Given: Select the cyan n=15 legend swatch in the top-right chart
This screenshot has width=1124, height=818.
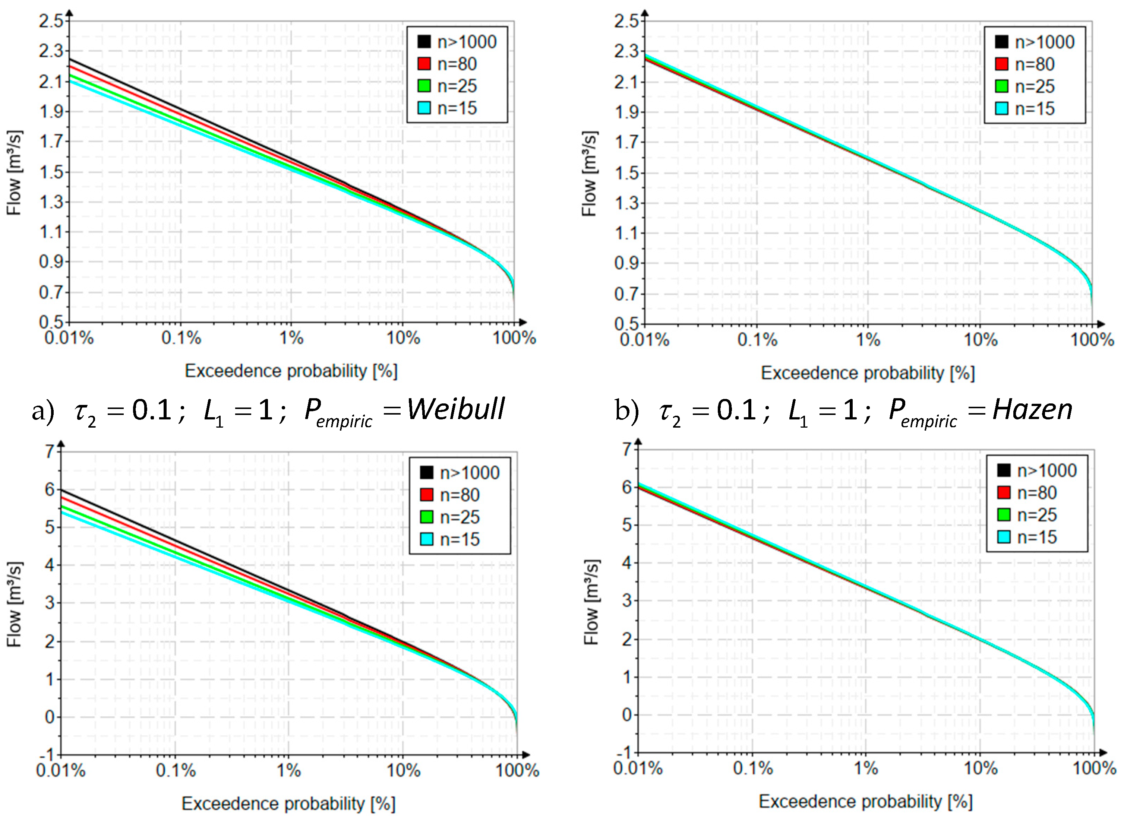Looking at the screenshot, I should point(1002,108).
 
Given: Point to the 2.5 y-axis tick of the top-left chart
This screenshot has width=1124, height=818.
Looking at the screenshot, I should point(51,21).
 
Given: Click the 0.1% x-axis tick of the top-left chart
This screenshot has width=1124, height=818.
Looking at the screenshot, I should point(181,338).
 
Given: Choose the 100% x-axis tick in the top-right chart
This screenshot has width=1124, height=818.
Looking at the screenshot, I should point(1092,340).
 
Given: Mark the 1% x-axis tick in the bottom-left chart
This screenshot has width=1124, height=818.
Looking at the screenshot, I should point(288,771).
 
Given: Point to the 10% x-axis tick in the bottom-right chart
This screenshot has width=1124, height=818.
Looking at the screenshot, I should point(980,769).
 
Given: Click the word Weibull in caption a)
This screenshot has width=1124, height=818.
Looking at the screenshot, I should point(455,410).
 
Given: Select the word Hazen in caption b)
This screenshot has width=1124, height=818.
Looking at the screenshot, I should point(1032,410).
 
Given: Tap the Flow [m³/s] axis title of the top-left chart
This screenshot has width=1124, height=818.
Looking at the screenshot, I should point(15,173).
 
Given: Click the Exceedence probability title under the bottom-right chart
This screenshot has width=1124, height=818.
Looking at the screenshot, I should point(865,801).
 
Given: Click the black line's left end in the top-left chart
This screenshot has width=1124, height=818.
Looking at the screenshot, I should point(70,59).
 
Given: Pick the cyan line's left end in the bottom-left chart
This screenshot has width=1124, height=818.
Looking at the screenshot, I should point(62,512).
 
